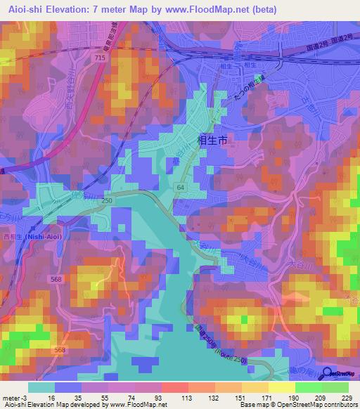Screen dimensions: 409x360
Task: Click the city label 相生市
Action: click(x=214, y=141)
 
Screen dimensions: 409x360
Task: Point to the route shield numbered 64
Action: click(x=180, y=188)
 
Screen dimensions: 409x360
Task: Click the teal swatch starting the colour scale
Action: click(x=41, y=387)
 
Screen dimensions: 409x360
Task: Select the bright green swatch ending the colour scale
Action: click(x=335, y=387)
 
